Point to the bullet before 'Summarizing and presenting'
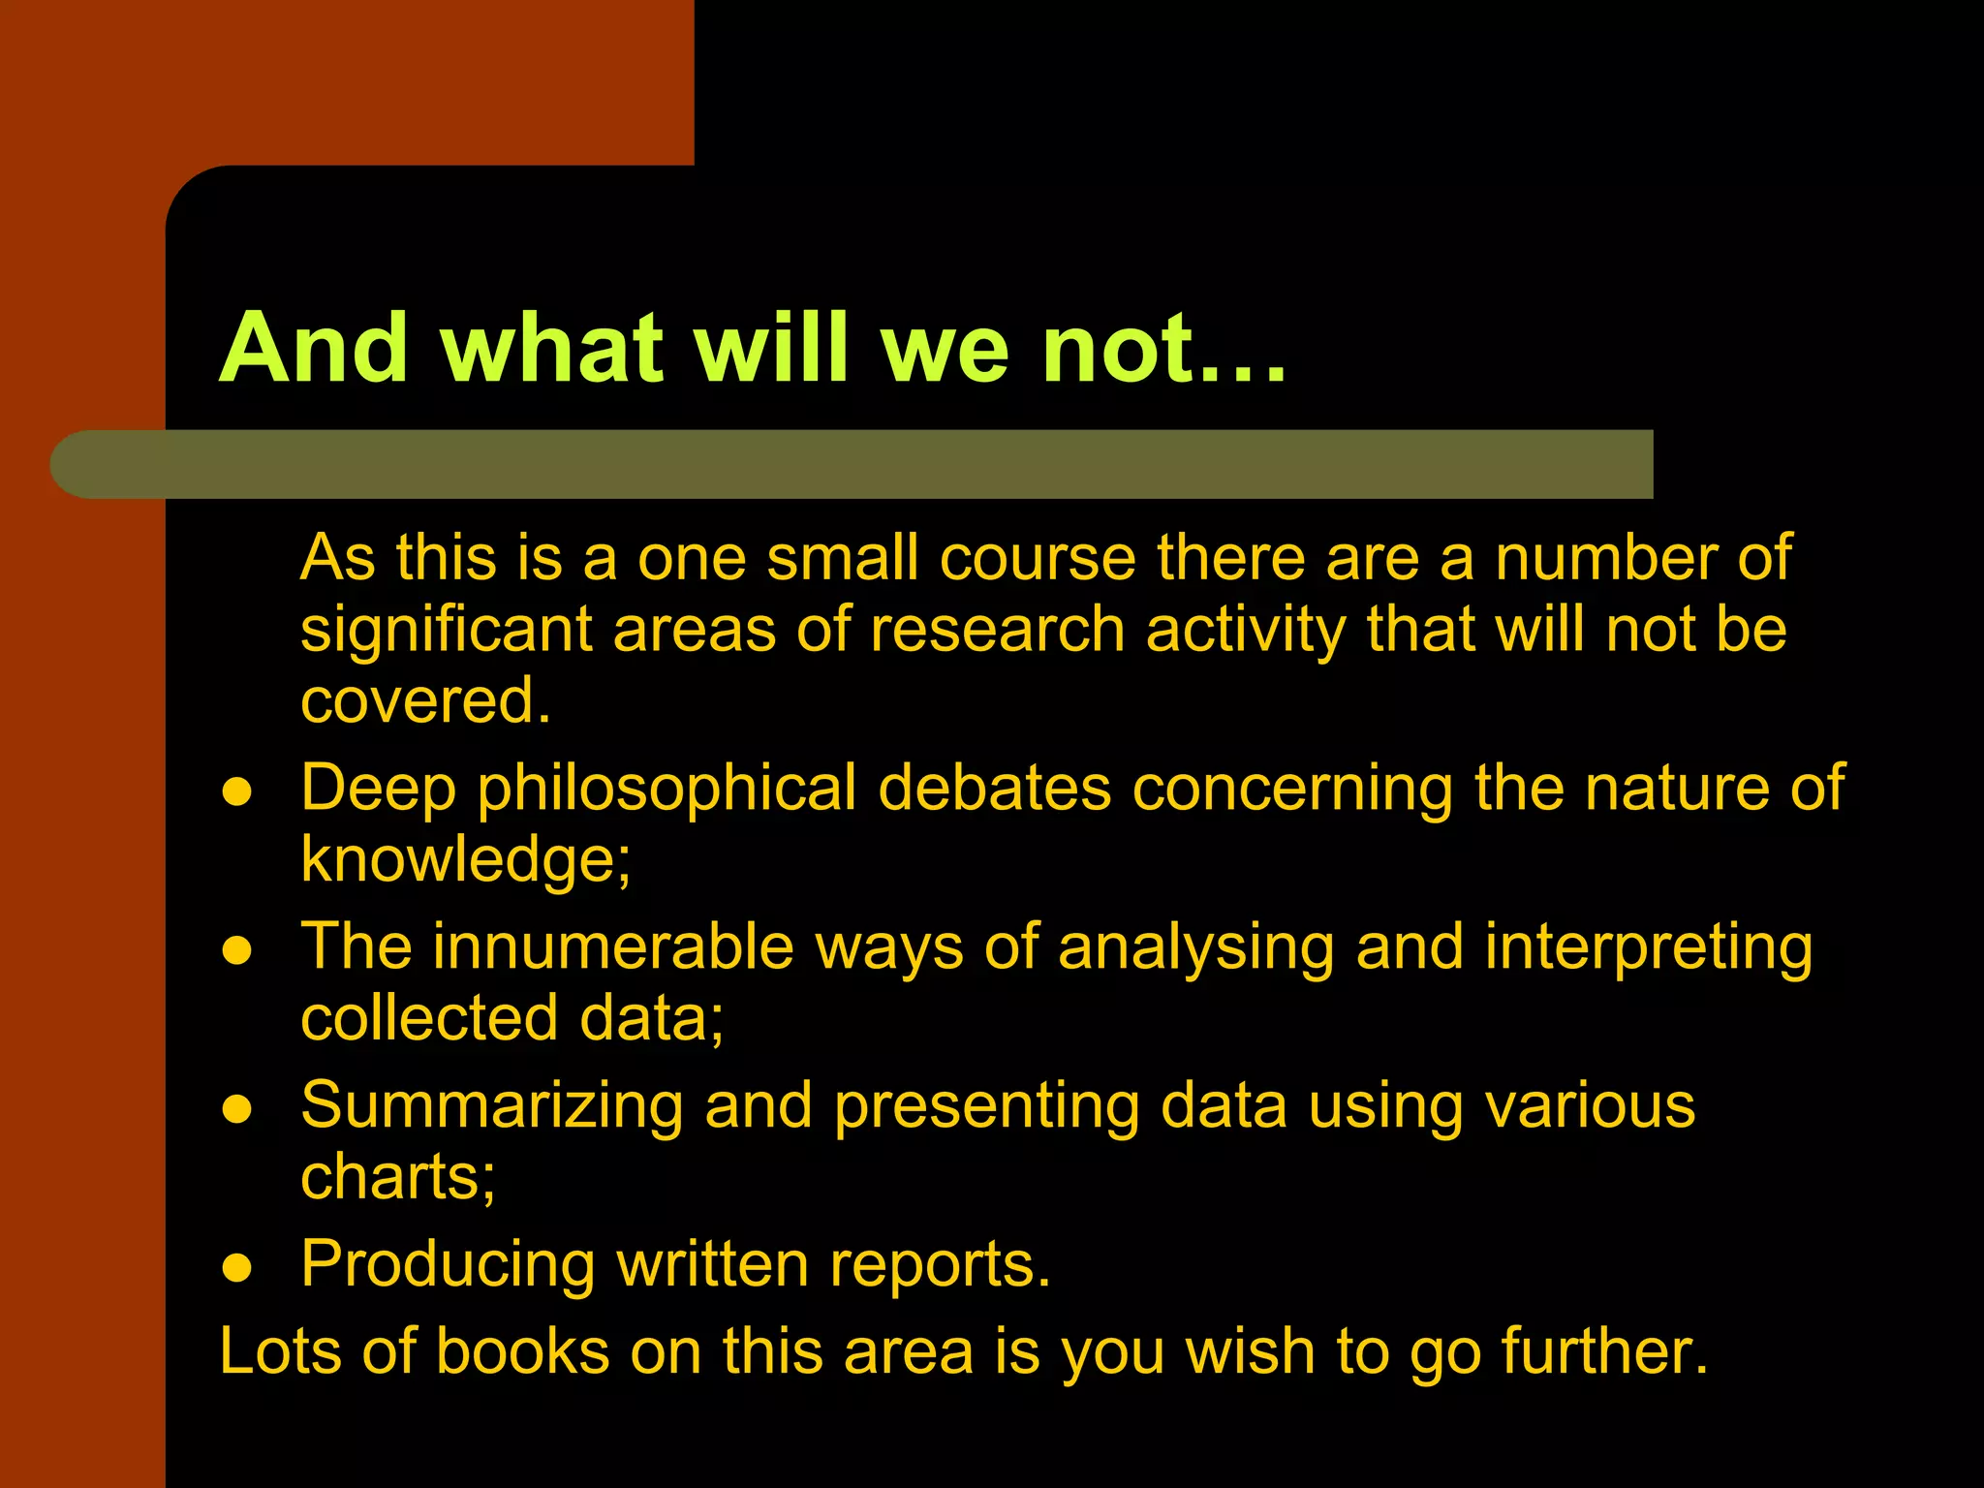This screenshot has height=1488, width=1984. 237,1109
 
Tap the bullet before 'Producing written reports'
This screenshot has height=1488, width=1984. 237,1268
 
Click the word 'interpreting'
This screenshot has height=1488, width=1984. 1648,948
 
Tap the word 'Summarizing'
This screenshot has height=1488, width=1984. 492,1106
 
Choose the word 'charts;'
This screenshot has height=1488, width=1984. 398,1176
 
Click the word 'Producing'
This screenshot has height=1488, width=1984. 448,1265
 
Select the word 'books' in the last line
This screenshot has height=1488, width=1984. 522,1351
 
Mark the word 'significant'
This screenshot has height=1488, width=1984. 447,631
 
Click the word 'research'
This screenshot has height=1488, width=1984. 997,630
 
